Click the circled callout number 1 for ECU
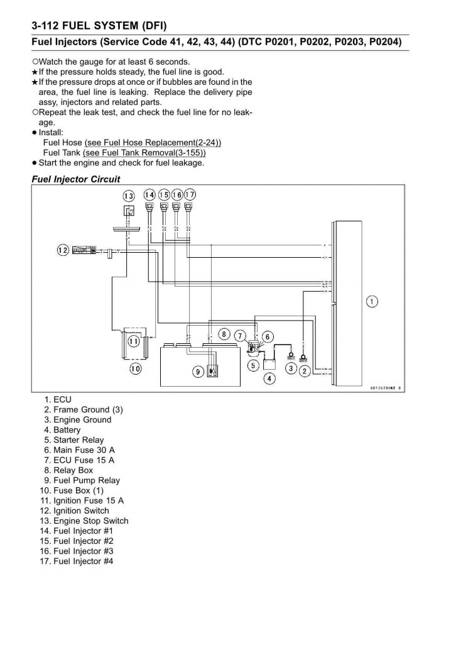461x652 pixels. (x=372, y=302)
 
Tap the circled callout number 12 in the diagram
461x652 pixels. (x=62, y=250)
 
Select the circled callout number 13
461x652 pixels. (x=128, y=195)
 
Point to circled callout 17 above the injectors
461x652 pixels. (x=190, y=194)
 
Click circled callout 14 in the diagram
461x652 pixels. (x=149, y=194)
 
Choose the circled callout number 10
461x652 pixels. (x=134, y=369)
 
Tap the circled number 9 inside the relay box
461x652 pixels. (x=197, y=372)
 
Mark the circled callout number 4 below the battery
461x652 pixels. (x=269, y=379)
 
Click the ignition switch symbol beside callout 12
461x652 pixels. (x=84, y=250)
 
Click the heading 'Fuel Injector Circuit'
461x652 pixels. (x=75, y=179)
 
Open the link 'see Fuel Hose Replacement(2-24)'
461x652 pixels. (x=153, y=143)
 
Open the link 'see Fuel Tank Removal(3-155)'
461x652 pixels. (x=144, y=153)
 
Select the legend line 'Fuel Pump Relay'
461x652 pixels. (x=86, y=480)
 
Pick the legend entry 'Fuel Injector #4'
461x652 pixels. (x=83, y=561)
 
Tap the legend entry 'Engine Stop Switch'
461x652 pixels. (x=90, y=521)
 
